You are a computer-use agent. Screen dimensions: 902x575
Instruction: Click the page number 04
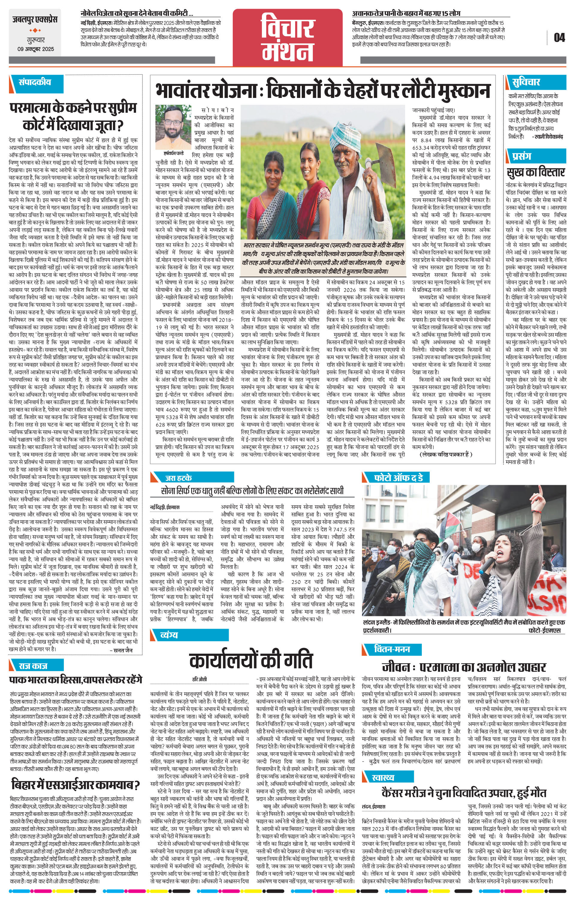pos(559,38)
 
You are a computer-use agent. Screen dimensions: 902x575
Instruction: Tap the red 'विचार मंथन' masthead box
pos(288,38)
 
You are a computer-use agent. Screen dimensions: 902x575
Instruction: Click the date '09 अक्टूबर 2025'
pos(35,49)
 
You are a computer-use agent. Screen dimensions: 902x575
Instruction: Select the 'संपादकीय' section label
pos(35,82)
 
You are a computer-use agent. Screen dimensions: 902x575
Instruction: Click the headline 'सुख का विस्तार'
pos(536,172)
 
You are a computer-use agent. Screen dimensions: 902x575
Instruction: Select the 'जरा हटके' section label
pos(179,478)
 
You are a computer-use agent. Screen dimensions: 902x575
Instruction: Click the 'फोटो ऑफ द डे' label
pos(399,478)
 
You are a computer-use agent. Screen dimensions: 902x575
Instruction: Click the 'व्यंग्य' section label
pos(169,635)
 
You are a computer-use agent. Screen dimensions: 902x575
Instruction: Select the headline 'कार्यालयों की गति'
pos(251,660)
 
